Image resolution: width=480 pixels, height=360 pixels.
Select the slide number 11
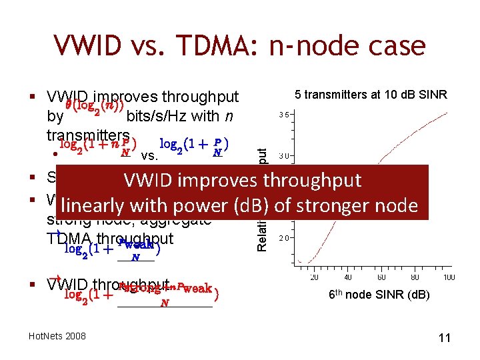pyautogui.click(x=444, y=338)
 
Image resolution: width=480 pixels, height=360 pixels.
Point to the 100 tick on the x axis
pyautogui.click(x=449, y=277)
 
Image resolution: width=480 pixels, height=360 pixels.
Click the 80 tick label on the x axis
pyautogui.click(x=414, y=277)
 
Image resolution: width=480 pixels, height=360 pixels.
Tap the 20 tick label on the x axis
pyautogui.click(x=313, y=277)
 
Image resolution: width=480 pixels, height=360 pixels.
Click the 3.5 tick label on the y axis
pyautogui.click(x=283, y=115)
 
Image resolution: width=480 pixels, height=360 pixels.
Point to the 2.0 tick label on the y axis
pyautogui.click(x=283, y=238)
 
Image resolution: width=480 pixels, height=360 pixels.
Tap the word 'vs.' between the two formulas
pyautogui.click(x=149, y=157)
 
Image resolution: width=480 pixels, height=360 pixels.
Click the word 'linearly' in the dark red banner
pyautogui.click(x=95, y=206)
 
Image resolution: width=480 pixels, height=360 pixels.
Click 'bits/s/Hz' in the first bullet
pyautogui.click(x=157, y=116)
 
